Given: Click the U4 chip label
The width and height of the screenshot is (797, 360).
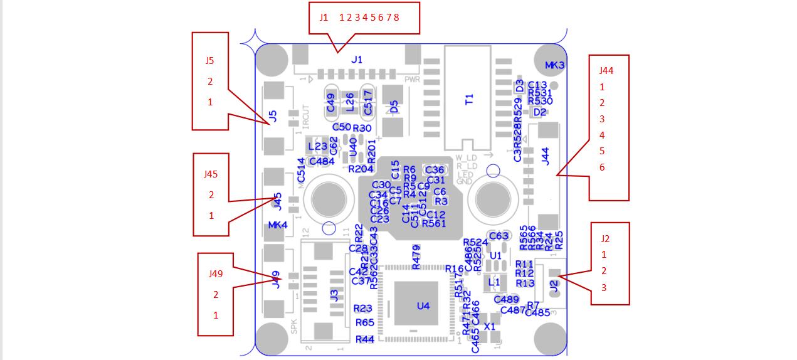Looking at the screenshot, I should coord(423,306).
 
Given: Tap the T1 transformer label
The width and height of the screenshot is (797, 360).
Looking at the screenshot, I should coord(469,98).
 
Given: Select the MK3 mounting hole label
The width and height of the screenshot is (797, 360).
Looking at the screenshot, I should coord(554,65).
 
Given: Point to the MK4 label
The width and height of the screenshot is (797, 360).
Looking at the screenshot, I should coord(278,225).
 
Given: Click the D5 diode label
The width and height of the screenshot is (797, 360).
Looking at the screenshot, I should coord(394,107).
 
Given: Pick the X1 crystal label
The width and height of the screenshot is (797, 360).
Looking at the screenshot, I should coord(490,327).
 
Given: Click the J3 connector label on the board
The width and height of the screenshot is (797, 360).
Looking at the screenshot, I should coord(335,295).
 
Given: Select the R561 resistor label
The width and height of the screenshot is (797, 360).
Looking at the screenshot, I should coord(434,223).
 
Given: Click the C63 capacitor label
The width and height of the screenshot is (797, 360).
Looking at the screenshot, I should coord(499,236).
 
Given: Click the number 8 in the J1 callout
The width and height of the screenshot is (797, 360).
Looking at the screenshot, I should coord(396,18).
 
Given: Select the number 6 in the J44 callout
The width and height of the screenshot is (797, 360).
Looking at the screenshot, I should coord(602,167).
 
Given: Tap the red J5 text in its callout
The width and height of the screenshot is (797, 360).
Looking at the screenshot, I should coord(209,61).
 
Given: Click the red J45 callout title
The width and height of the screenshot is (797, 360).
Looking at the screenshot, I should coord(211,174).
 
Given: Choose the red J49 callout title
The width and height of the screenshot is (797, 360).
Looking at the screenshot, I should coord(216,274).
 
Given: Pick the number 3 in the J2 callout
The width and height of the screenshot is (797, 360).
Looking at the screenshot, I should coord(604,288).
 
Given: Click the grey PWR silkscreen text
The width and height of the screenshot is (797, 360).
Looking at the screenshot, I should coord(412,80).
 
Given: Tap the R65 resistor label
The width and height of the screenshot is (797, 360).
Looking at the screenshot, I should coord(365,322).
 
